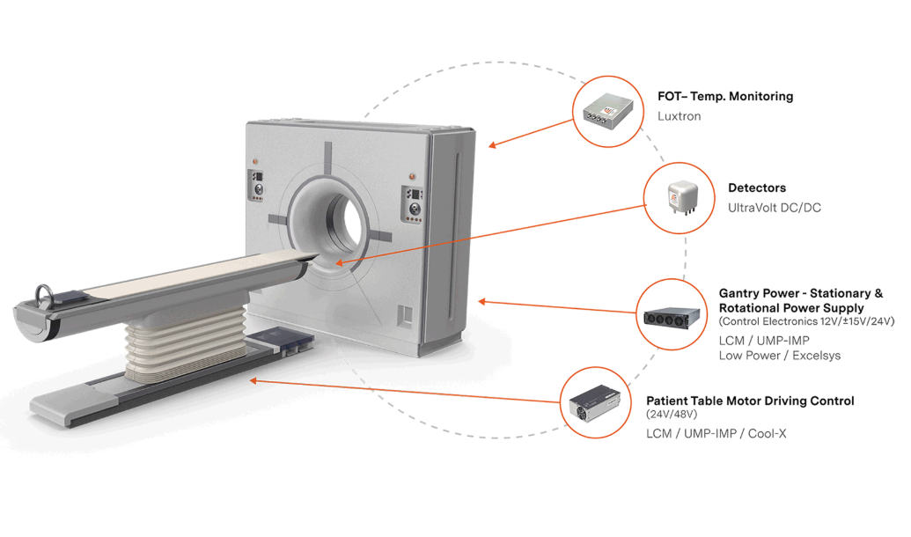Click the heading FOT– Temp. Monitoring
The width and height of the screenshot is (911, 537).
point(725,97)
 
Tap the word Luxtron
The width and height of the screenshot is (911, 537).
point(680,116)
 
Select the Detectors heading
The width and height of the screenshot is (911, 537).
point(756,188)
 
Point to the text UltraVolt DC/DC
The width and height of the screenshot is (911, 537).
point(775,208)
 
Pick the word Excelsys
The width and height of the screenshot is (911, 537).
point(816,356)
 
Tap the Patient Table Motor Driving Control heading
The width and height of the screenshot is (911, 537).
point(750,401)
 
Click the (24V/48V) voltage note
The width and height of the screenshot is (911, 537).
point(672,415)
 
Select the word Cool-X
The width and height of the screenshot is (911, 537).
point(767,433)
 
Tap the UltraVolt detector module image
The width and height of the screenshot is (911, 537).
point(681,197)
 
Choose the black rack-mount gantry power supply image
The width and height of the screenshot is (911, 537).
point(672,317)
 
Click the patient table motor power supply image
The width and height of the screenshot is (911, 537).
point(594,403)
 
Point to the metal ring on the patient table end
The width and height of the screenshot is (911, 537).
point(44,296)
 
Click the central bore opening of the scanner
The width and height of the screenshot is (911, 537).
point(348,220)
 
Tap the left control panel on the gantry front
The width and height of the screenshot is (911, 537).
point(256,185)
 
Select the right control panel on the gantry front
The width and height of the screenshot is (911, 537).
point(413,203)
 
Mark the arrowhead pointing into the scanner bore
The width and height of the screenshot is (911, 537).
point(340,262)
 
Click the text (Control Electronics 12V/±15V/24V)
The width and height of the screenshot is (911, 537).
point(807,321)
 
